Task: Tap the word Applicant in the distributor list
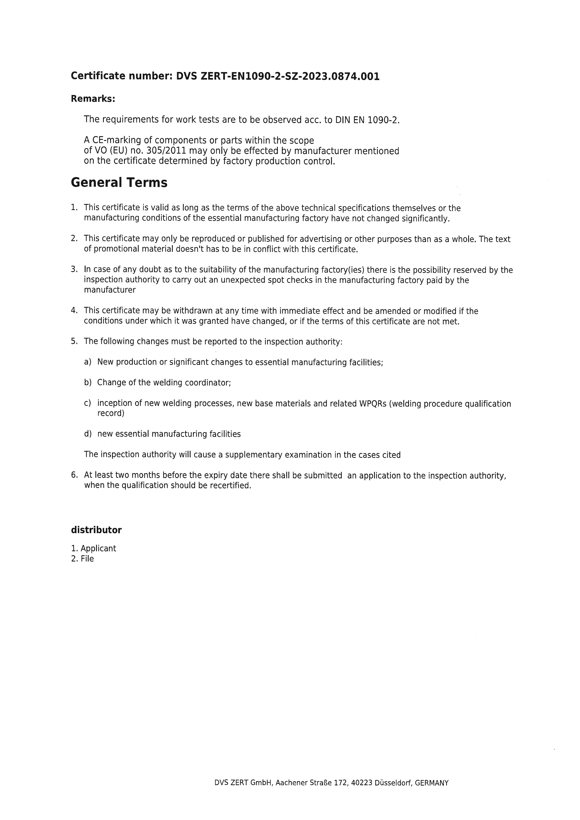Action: pos(98,549)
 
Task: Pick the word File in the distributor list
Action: pos(87,559)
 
